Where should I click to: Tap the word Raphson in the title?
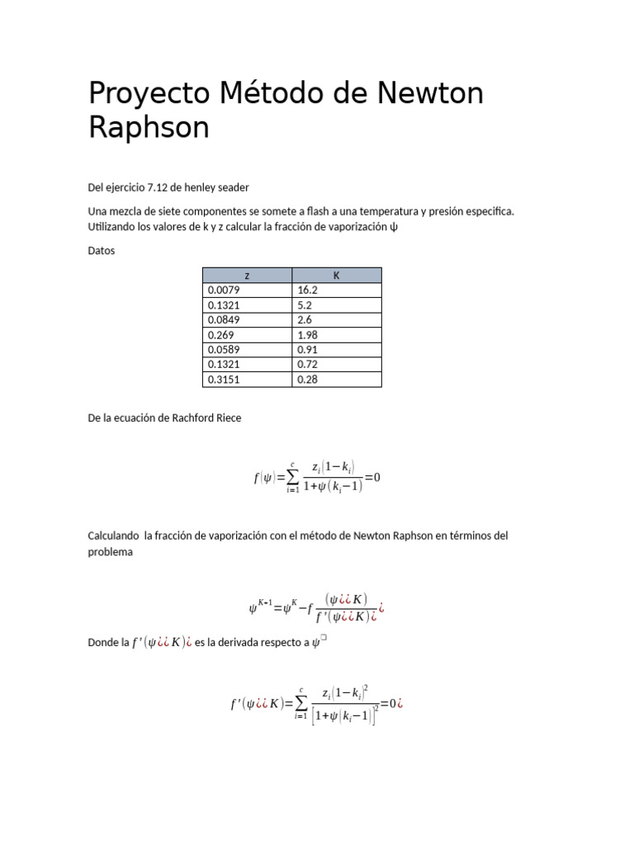point(149,128)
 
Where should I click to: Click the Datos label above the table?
point(102,251)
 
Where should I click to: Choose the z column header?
point(247,276)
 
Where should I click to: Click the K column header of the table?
point(336,276)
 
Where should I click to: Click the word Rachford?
point(193,418)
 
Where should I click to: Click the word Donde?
point(102,642)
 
